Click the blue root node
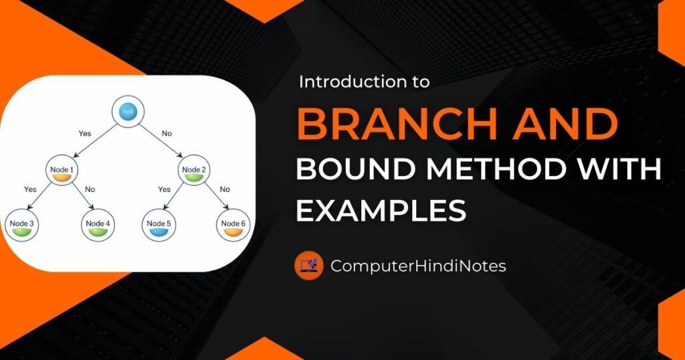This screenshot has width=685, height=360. (128, 111)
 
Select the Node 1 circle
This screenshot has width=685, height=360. (62, 170)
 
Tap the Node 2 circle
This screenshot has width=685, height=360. (194, 170)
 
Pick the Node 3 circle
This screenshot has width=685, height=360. (21, 225)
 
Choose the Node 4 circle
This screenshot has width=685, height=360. (98, 225)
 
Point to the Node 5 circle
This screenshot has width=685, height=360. (159, 225)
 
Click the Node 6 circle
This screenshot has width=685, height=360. (233, 225)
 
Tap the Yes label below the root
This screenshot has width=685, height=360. (85, 133)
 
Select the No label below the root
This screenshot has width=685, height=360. (167, 133)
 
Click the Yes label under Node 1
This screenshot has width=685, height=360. (30, 189)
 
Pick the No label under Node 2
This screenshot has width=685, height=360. (225, 189)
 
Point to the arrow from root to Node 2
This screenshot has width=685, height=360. (161, 141)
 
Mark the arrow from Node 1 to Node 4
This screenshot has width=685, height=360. (83, 196)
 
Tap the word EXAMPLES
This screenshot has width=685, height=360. (381, 210)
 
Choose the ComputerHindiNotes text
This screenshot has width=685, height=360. (418, 266)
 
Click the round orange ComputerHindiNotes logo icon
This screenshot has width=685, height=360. (309, 265)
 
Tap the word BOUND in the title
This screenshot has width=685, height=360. (355, 170)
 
